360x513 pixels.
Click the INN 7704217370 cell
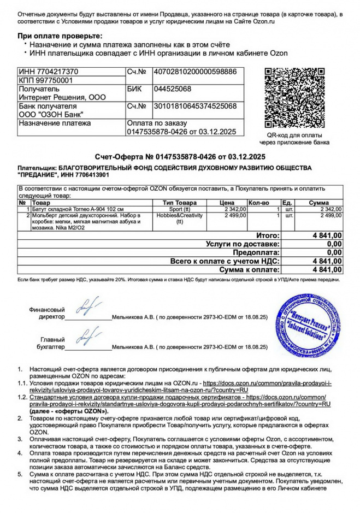tap(49, 72)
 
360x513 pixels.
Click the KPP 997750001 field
tap(46, 80)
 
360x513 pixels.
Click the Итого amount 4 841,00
tap(327, 235)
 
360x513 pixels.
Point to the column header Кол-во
tap(259, 203)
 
